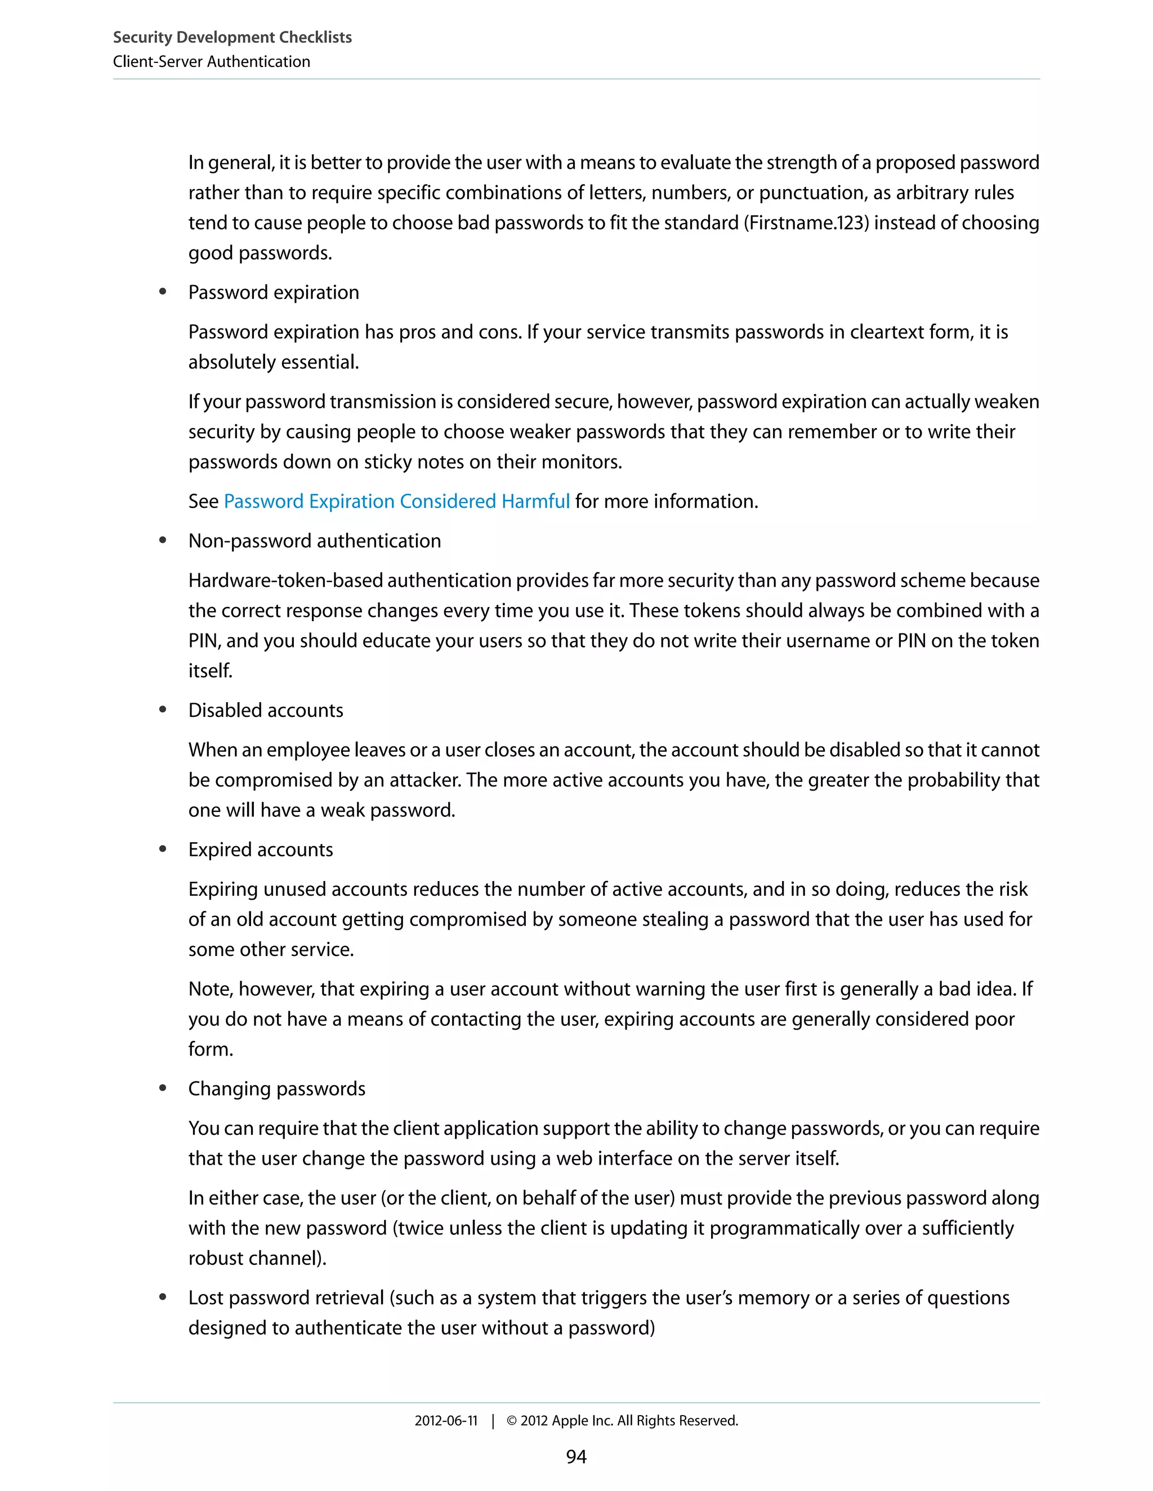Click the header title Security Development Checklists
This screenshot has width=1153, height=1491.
(233, 38)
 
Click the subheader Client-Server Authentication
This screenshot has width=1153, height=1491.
(211, 62)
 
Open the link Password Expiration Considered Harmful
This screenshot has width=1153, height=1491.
(396, 502)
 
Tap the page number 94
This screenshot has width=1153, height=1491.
(576, 1456)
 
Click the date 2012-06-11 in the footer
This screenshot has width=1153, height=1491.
(445, 1421)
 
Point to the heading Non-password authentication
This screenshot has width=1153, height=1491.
(314, 541)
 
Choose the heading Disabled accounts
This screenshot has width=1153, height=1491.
(266, 711)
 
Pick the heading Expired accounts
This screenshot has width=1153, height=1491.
(260, 850)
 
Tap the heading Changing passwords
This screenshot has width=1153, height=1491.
(276, 1089)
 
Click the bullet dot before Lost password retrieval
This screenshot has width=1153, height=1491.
(163, 1297)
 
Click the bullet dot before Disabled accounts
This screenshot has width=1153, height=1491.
(163, 710)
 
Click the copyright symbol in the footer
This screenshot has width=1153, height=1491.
(512, 1421)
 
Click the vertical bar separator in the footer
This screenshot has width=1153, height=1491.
(493, 1421)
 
